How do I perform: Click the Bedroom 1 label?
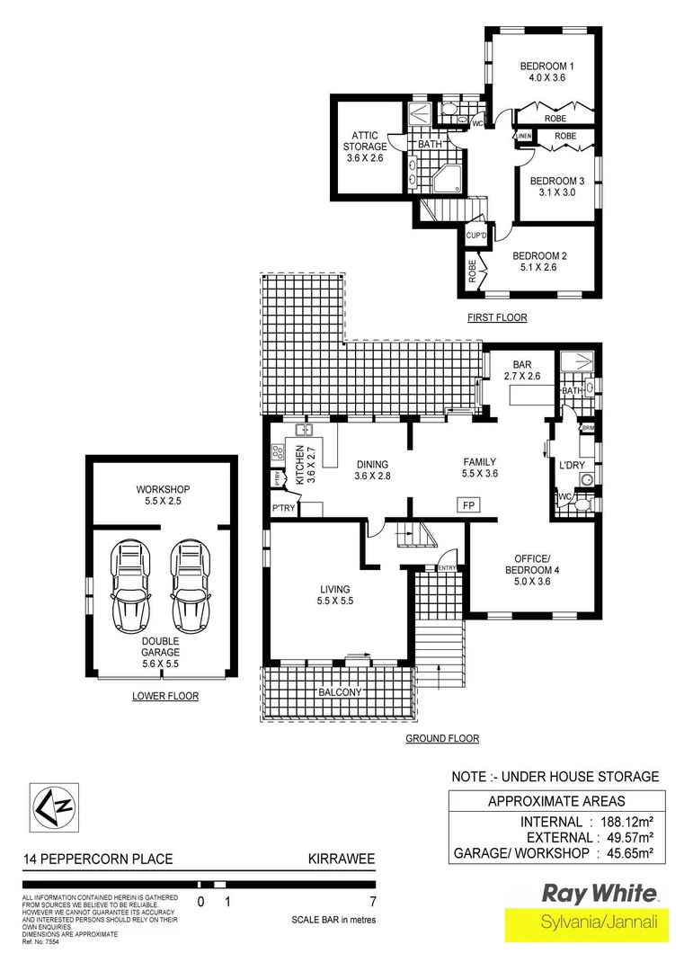pos(546,72)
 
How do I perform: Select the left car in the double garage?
pos(129,589)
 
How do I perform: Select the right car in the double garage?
pos(190,589)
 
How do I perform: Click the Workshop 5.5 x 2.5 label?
pos(163,495)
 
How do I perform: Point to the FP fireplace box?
pos(468,504)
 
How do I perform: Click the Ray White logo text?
pos(598,894)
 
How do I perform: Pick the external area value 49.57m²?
pos(626,837)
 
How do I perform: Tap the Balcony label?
pos(339,692)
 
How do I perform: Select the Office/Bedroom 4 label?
pos(520,575)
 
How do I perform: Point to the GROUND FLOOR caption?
pos(441,738)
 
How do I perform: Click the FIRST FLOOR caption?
pos(496,317)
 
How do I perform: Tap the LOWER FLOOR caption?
pos(164,696)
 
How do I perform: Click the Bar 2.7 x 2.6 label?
pos(520,370)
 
